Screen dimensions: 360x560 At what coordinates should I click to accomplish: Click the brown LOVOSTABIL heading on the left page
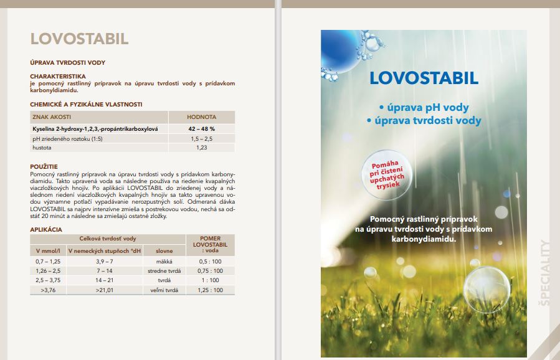(79, 39)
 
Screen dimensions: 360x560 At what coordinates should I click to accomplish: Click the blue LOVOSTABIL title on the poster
(424, 78)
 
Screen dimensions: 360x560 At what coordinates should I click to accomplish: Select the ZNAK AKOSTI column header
(52, 117)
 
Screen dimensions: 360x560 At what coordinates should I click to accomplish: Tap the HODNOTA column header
(201, 117)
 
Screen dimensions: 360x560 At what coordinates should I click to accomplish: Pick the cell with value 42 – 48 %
(201, 128)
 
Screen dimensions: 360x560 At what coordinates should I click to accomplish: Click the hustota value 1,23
(201, 148)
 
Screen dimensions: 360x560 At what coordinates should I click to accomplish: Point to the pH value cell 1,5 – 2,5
(201, 138)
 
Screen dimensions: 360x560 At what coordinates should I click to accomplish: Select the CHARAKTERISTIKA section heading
(58, 76)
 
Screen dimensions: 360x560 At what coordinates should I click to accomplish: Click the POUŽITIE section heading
(44, 167)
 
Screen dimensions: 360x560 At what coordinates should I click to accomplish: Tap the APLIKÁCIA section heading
(46, 229)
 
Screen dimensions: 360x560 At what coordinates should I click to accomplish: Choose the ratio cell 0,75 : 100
(211, 271)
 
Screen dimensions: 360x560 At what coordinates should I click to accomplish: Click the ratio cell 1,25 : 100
(211, 290)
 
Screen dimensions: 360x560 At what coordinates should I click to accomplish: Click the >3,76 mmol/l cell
(47, 290)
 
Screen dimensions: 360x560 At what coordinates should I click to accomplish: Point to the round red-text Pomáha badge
(389, 175)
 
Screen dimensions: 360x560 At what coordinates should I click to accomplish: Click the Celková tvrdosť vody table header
(108, 239)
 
